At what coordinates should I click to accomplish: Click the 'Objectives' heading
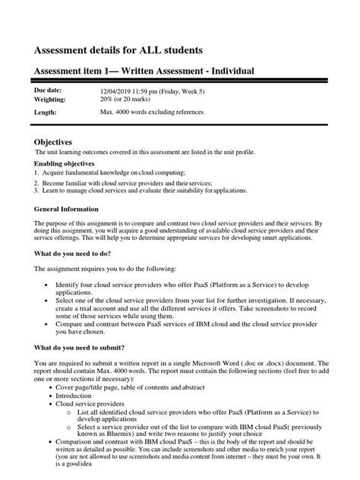click(x=53, y=142)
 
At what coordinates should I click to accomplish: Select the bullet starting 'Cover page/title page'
click(x=128, y=387)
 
